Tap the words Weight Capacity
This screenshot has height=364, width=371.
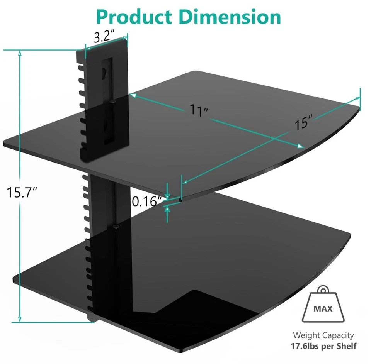coord(323,335)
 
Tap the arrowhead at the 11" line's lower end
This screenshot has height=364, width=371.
coord(300,146)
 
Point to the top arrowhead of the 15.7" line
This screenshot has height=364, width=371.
coord(19,54)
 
